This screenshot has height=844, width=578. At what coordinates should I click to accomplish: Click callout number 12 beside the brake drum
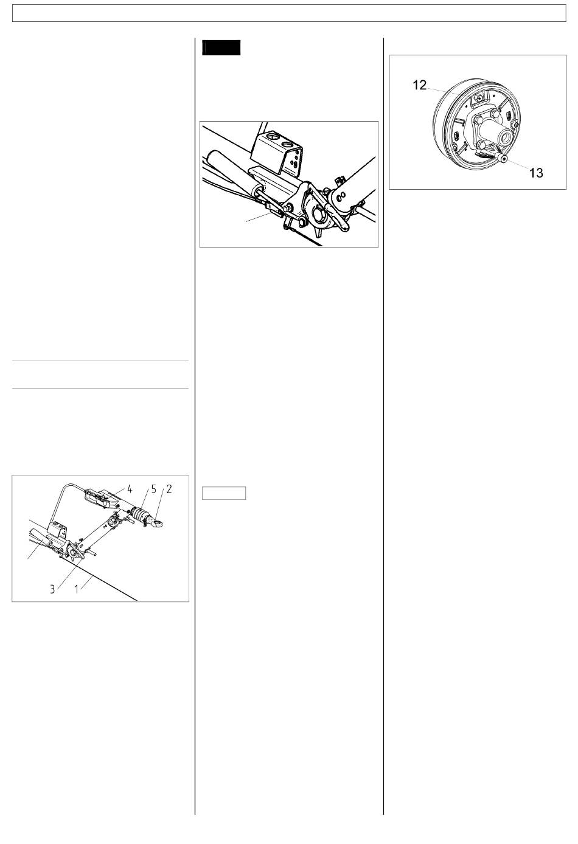(x=420, y=85)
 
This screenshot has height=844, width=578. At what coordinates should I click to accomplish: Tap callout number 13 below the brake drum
(x=536, y=173)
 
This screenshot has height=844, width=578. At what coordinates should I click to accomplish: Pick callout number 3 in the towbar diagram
(x=52, y=589)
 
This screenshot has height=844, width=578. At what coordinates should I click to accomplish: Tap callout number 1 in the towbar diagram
(x=77, y=589)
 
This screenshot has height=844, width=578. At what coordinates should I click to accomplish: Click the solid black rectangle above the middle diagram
(x=221, y=48)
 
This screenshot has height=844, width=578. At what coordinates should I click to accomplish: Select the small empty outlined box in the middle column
(x=224, y=493)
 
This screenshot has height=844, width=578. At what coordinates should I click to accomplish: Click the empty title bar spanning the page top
(x=289, y=13)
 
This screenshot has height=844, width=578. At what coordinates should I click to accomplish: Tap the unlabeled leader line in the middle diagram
(x=259, y=216)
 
